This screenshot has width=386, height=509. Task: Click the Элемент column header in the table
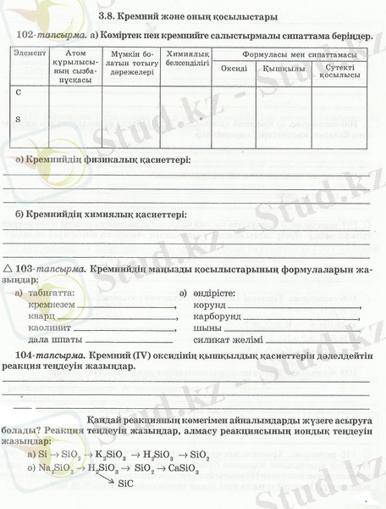30,53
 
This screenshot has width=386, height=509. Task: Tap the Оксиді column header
233,68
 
